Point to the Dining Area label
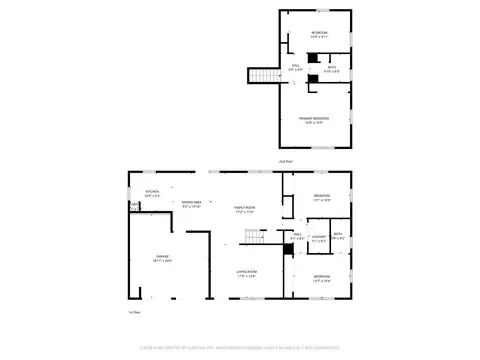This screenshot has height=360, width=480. coord(192,205)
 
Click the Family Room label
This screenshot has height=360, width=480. coord(244,209)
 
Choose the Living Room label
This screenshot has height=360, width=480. coord(247,274)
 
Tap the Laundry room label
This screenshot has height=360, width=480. coord(318,239)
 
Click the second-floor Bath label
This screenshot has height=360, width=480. coord(332,69)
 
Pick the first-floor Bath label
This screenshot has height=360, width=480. coord(340,237)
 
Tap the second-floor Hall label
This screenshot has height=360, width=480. coord(297,67)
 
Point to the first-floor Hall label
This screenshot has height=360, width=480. coord(296,238)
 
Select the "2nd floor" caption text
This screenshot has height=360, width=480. coord(284,160)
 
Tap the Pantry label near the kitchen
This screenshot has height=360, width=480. coord(134,206)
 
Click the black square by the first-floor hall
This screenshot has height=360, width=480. coord(288,251)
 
